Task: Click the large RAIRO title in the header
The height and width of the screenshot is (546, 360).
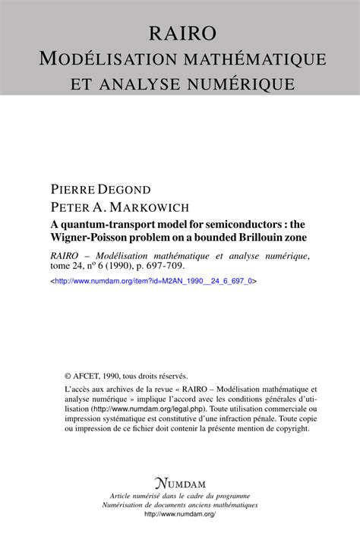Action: point(180,33)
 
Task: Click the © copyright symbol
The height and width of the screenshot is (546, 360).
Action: point(68,375)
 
